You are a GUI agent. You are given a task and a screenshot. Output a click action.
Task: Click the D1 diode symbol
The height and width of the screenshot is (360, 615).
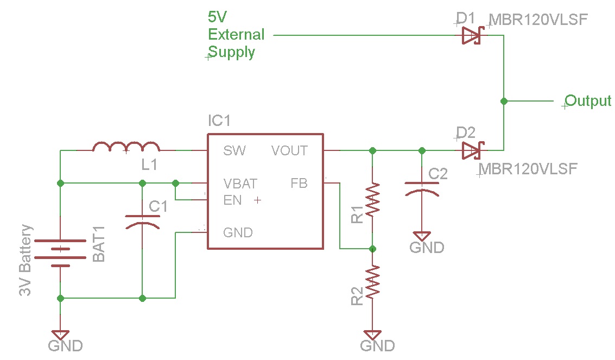point(471,36)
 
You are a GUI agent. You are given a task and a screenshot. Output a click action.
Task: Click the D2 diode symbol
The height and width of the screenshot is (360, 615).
point(471,150)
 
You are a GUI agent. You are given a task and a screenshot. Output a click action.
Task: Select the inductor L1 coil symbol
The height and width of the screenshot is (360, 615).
point(126,147)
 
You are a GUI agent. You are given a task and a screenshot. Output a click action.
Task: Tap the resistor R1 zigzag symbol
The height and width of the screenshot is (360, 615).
point(372,200)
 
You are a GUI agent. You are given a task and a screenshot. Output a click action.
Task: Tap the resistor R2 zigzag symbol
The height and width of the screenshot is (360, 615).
point(372,282)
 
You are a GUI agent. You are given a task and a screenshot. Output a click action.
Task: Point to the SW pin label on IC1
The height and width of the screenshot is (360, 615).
point(234,151)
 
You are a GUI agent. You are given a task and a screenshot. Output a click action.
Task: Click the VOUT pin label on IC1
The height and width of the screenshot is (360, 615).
point(289,151)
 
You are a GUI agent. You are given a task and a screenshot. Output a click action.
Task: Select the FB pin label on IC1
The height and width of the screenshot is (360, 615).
point(299,184)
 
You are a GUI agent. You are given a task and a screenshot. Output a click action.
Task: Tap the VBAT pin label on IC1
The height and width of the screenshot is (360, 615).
point(240,184)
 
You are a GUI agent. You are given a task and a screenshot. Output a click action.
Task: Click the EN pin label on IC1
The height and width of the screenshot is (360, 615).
point(232,200)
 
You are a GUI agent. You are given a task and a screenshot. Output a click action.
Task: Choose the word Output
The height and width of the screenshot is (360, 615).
point(588,101)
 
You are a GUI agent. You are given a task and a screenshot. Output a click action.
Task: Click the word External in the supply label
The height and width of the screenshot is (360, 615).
point(236,35)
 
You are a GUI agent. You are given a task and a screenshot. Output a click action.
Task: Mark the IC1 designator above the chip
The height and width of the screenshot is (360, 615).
point(219,120)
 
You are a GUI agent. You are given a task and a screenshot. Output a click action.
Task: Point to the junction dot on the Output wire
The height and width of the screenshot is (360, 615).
point(504,101)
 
